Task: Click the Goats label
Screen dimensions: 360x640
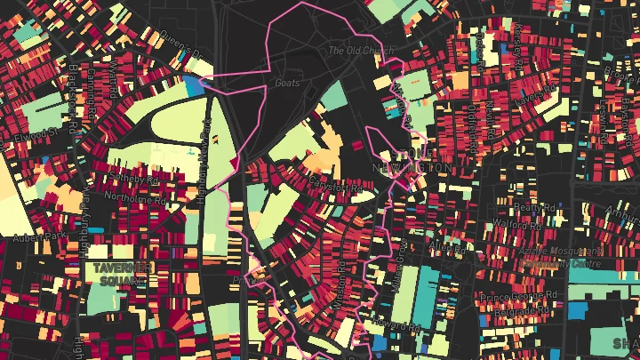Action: coord(287,83)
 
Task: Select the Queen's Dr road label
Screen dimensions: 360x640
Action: coord(174,44)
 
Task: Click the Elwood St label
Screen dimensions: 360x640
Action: coord(35,134)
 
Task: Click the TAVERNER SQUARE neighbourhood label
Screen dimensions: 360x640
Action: coord(120,273)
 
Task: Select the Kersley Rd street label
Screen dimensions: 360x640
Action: coord(517,40)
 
